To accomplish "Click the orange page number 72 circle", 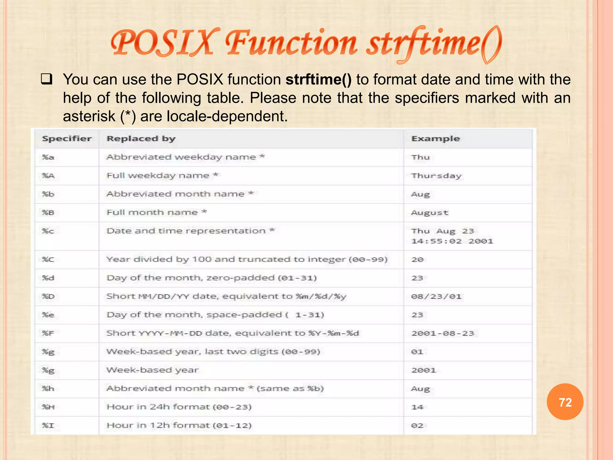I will point(565,402).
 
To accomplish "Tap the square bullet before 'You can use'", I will point(47,79).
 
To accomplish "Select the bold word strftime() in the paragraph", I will point(318,80).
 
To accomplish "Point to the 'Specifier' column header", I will point(67,139).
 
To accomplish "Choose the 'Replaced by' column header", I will point(141,139).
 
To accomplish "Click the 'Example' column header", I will point(436,139).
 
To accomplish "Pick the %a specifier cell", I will point(48,157).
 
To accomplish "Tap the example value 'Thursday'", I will point(436,176).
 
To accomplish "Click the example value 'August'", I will point(430,213).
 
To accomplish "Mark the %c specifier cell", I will point(48,231).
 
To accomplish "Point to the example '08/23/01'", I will point(436,296).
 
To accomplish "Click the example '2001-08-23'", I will point(443,333).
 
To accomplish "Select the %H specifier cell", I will point(48,407).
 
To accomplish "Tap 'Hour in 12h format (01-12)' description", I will point(179,425).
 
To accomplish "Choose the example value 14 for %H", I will point(417,407).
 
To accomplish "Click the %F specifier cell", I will point(48,333).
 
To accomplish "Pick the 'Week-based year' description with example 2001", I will point(152,370).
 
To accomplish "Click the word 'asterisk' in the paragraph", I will point(89,116).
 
